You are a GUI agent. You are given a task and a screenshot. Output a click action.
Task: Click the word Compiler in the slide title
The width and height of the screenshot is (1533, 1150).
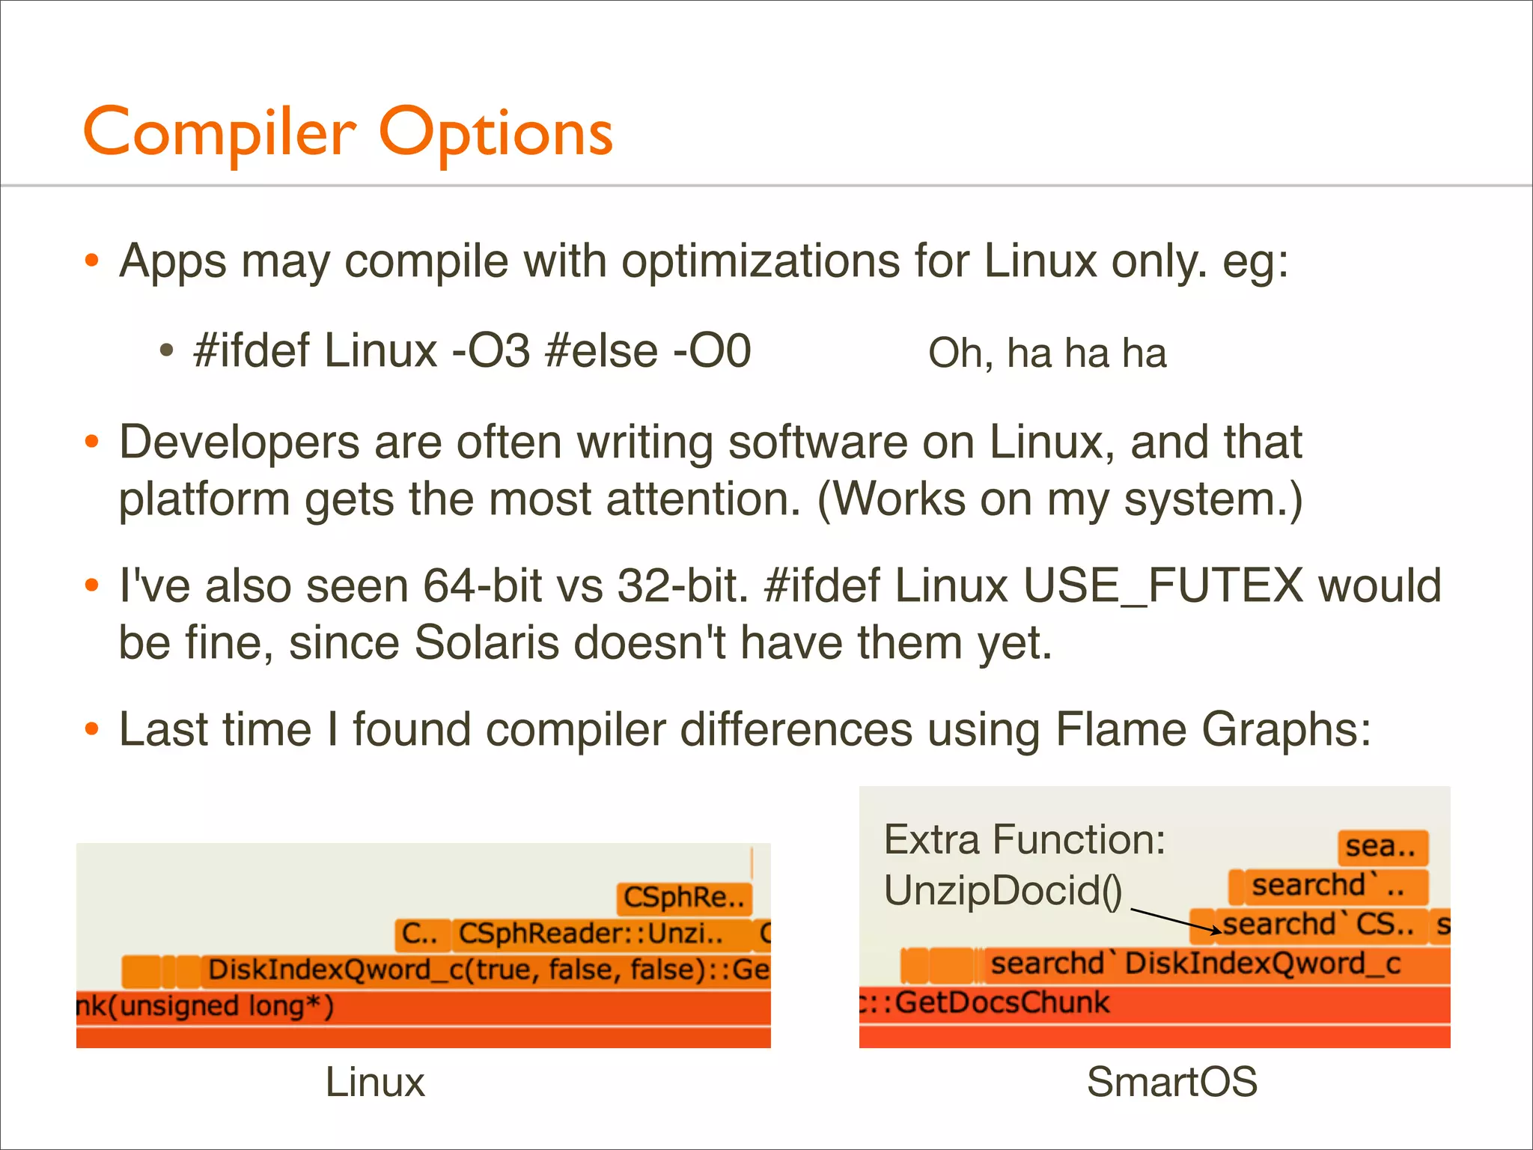point(219,133)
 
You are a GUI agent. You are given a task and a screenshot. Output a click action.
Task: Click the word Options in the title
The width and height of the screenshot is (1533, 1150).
point(496,133)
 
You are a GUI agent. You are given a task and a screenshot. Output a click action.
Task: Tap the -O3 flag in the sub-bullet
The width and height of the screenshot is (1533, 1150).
point(491,350)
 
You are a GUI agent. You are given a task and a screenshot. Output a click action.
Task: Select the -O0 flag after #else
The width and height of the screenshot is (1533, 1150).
point(712,350)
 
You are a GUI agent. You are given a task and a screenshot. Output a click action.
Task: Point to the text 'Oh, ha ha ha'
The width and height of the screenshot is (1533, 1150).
point(1046,353)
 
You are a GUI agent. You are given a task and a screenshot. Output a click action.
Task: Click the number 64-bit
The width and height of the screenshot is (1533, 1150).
point(483,585)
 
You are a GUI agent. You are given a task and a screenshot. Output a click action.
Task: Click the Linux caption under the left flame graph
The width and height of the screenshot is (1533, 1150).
point(375,1082)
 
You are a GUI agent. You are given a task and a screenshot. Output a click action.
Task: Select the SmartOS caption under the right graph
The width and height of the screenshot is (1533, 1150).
point(1171,1082)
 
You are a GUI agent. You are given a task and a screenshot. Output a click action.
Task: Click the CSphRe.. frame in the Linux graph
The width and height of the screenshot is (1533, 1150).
point(683,897)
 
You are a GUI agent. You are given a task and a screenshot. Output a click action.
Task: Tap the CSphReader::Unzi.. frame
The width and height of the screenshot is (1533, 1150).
point(591,934)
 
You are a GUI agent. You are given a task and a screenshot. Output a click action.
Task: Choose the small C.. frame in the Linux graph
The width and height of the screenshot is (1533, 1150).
point(421,934)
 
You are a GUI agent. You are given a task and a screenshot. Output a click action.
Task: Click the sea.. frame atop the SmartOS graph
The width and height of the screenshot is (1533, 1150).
point(1382,847)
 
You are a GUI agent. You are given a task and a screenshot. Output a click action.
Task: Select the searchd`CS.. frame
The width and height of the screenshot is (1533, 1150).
point(1317,925)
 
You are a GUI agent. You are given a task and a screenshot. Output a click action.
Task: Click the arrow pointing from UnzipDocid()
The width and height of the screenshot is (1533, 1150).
point(1175,921)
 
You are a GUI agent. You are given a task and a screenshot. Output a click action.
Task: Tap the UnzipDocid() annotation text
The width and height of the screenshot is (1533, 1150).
point(1003,891)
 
